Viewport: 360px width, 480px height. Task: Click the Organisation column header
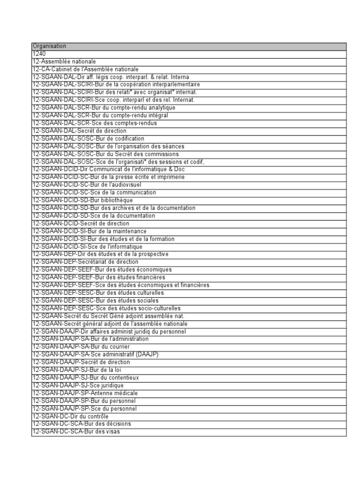(49, 46)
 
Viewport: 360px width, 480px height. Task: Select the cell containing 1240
(39, 54)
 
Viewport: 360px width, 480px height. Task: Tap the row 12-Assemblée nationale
(64, 61)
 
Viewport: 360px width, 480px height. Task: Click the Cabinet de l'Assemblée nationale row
(85, 69)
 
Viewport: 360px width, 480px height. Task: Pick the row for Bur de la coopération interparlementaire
(110, 84)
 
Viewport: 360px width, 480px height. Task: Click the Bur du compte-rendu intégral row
(100, 115)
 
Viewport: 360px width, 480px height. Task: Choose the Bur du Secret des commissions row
(105, 154)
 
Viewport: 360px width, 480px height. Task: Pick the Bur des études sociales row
(95, 300)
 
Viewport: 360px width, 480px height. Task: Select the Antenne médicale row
(85, 393)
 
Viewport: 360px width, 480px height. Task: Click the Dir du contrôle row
(70, 416)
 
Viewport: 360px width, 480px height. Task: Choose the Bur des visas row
(75, 431)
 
